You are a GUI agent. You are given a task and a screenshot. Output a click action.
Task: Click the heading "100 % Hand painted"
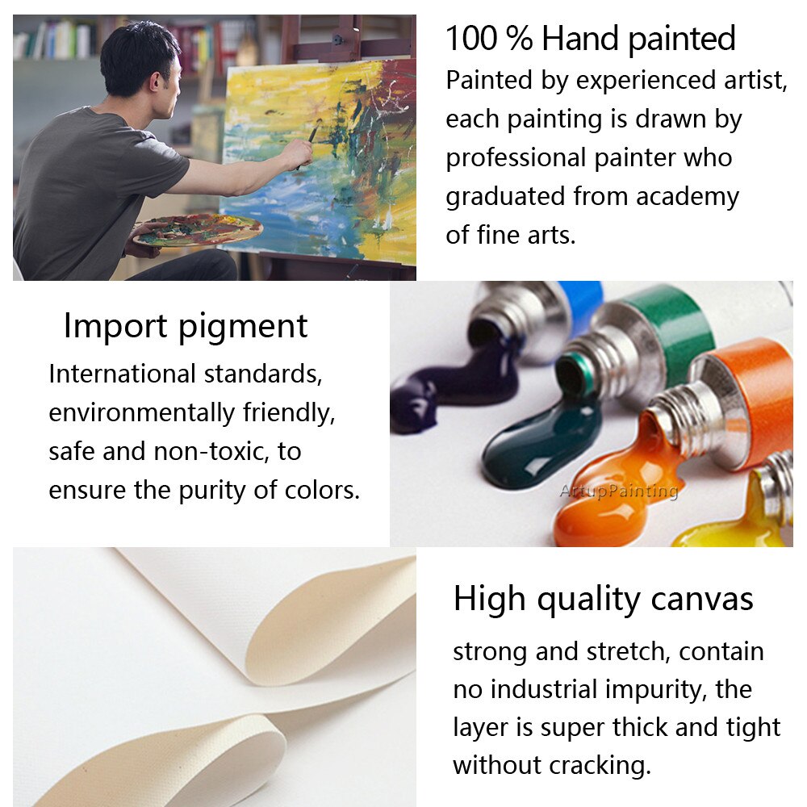tap(591, 39)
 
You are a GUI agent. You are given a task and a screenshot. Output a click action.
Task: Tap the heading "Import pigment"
tap(186, 326)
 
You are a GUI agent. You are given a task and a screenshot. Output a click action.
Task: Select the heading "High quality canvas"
tap(603, 600)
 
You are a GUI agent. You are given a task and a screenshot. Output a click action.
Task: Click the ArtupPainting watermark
tap(619, 491)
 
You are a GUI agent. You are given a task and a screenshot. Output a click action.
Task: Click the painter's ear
tap(155, 80)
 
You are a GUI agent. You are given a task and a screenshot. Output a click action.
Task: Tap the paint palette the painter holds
tap(198, 229)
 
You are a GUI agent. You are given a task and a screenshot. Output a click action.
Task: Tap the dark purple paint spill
tap(453, 381)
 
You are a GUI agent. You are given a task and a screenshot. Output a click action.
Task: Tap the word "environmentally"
tap(141, 413)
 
